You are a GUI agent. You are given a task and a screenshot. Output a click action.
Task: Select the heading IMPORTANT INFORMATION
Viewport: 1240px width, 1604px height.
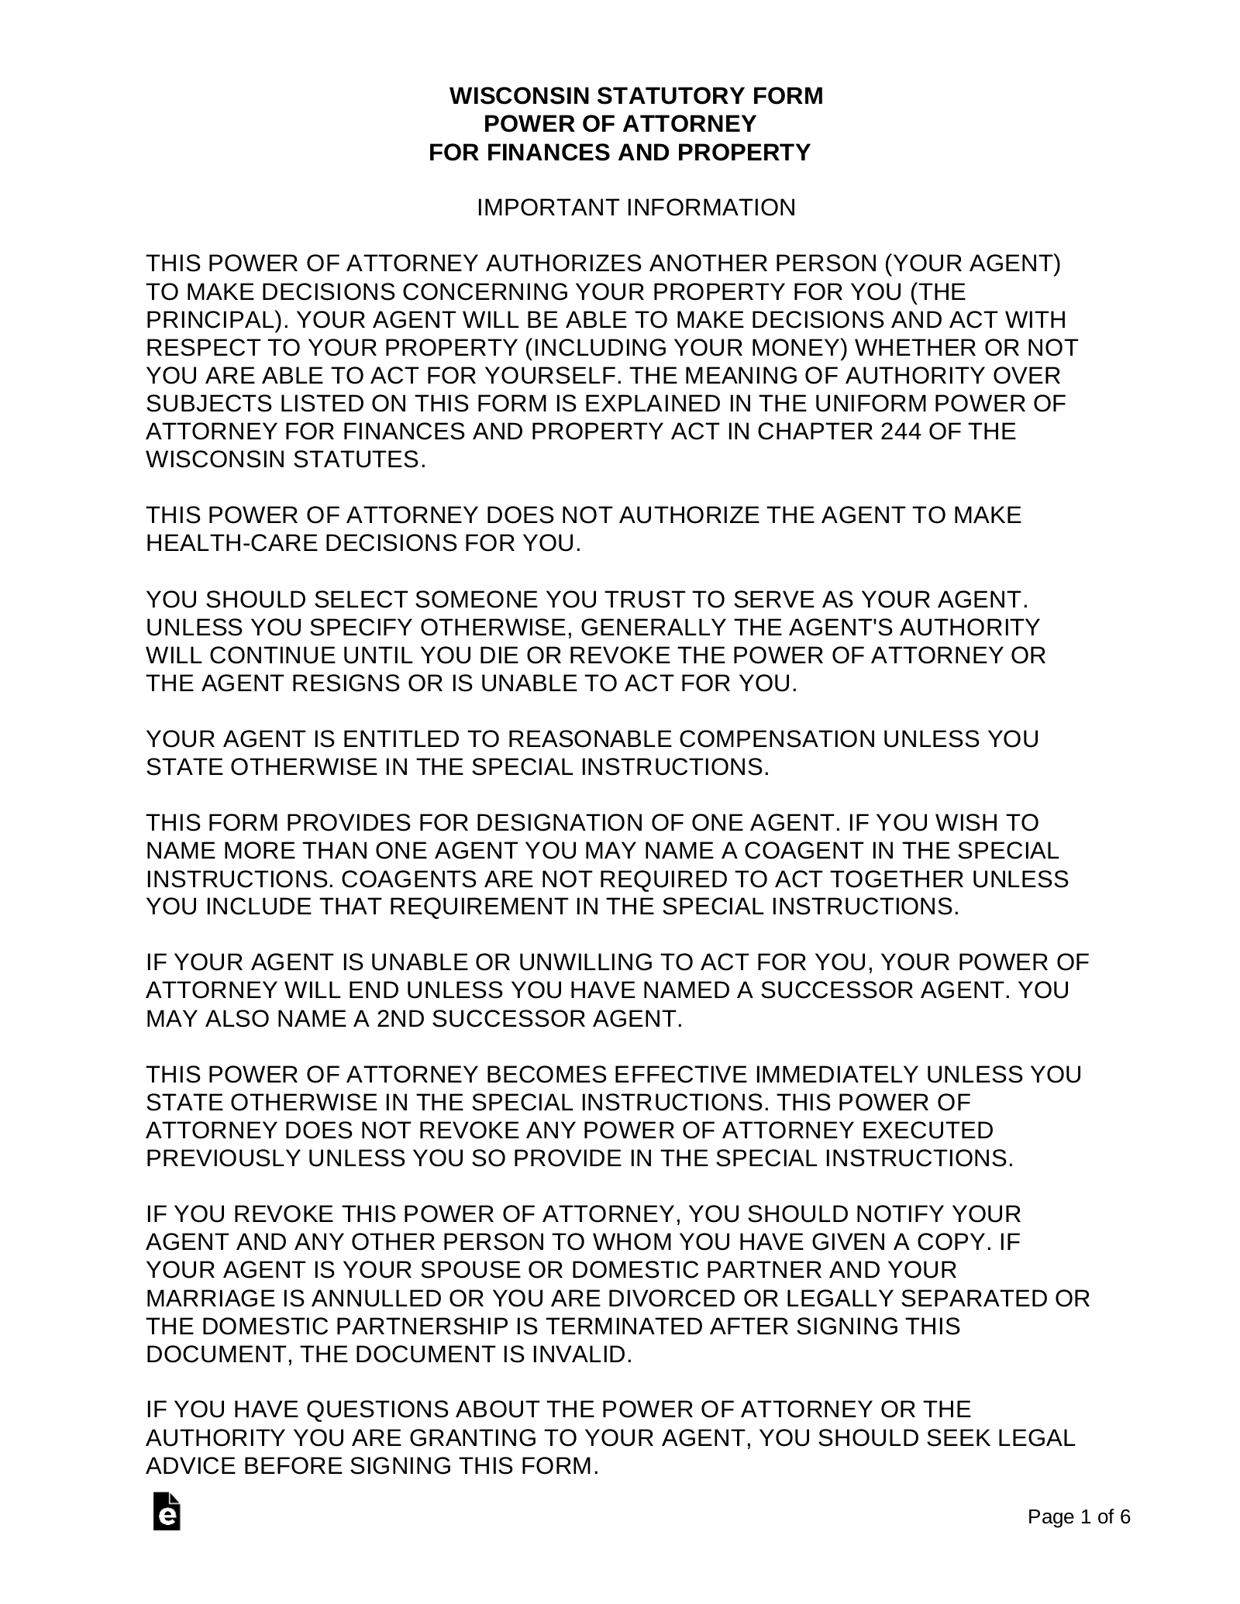tap(635, 208)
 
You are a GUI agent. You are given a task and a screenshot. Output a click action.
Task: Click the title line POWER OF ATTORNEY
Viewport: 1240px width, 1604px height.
tap(619, 124)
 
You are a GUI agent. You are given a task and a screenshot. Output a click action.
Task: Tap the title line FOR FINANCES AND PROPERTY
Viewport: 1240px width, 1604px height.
tap(619, 152)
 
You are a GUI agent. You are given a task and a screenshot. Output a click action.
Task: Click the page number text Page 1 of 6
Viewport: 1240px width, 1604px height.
tap(1078, 1516)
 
